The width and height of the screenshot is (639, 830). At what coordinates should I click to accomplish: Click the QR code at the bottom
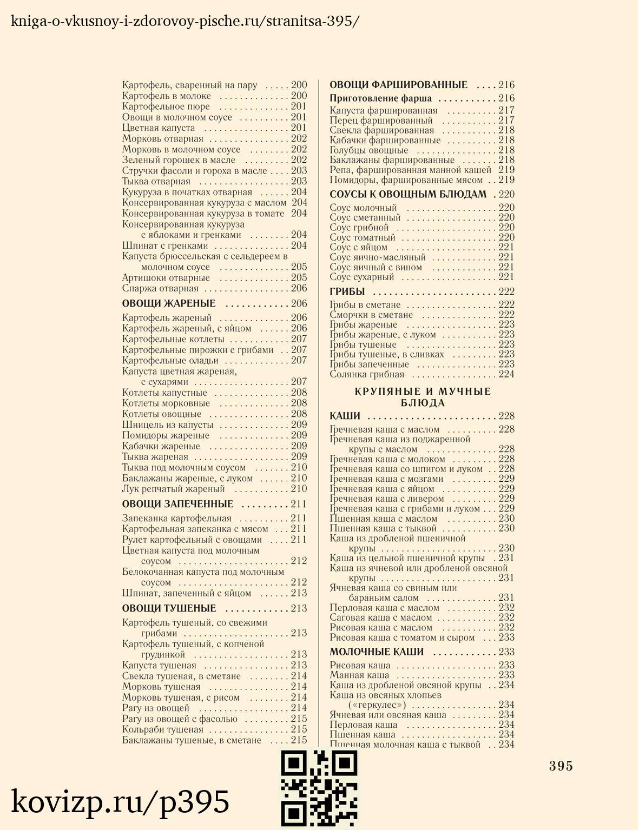coord(319,789)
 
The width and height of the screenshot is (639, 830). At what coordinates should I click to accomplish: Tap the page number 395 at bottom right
coord(561,766)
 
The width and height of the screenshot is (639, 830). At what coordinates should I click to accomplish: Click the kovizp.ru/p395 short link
coord(120,802)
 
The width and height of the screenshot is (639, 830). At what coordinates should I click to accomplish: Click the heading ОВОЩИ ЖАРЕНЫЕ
coord(169,303)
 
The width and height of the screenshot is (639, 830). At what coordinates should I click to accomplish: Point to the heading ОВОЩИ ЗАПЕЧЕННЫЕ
coord(177,504)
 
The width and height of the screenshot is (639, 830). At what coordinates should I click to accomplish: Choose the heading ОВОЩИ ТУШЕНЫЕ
coord(169,608)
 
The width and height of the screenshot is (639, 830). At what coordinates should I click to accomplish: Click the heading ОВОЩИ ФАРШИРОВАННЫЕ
coord(399,85)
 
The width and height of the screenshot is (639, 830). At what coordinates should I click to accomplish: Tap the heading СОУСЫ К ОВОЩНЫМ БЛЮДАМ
coord(408,194)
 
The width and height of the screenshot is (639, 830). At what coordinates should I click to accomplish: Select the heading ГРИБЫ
coord(347,292)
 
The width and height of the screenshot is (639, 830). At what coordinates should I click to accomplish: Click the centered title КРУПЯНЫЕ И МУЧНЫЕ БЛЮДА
coord(423,397)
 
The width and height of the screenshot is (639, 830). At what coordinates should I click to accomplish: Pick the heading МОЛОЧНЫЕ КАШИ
coord(377,652)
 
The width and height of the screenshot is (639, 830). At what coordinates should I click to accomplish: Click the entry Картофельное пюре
coord(166,107)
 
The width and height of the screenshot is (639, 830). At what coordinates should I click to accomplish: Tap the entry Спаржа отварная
coord(160,288)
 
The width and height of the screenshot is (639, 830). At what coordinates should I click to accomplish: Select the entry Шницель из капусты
coord(168,424)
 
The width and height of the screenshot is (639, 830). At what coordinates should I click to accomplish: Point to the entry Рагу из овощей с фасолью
coord(180,719)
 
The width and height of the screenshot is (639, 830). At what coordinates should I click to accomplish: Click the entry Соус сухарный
coord(362,277)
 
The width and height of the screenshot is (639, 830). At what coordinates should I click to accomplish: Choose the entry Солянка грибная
coord(367,374)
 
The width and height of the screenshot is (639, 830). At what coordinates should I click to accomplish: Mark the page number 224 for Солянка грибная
coord(506,374)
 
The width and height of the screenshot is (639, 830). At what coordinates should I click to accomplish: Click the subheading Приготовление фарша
coord(381,98)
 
